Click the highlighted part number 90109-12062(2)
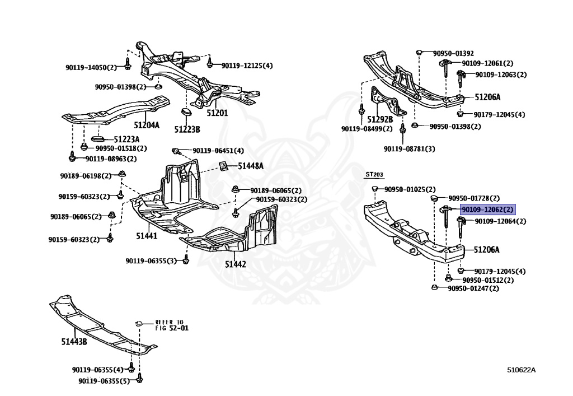(x=487, y=209)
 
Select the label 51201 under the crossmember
(x=217, y=113)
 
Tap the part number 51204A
(x=146, y=125)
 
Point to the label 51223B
(x=187, y=129)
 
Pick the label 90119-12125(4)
(x=247, y=66)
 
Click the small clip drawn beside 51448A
(x=222, y=166)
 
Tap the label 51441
(x=147, y=236)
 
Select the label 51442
(x=236, y=264)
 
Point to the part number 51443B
(x=74, y=341)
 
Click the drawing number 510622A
(x=522, y=370)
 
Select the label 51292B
(x=380, y=119)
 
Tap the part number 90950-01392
(x=453, y=53)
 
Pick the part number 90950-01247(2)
(x=473, y=288)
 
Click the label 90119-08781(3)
(x=410, y=148)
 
